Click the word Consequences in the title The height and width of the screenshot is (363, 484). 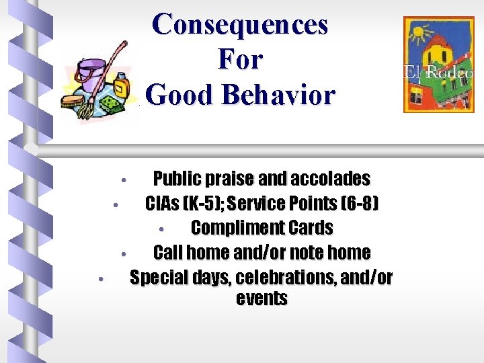(240, 25)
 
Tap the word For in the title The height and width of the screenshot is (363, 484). (240, 60)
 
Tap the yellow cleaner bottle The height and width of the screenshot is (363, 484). (121, 85)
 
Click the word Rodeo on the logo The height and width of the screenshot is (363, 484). (452, 72)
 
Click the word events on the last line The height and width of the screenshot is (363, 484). (262, 298)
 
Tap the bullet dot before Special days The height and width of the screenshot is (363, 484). (99, 278)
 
